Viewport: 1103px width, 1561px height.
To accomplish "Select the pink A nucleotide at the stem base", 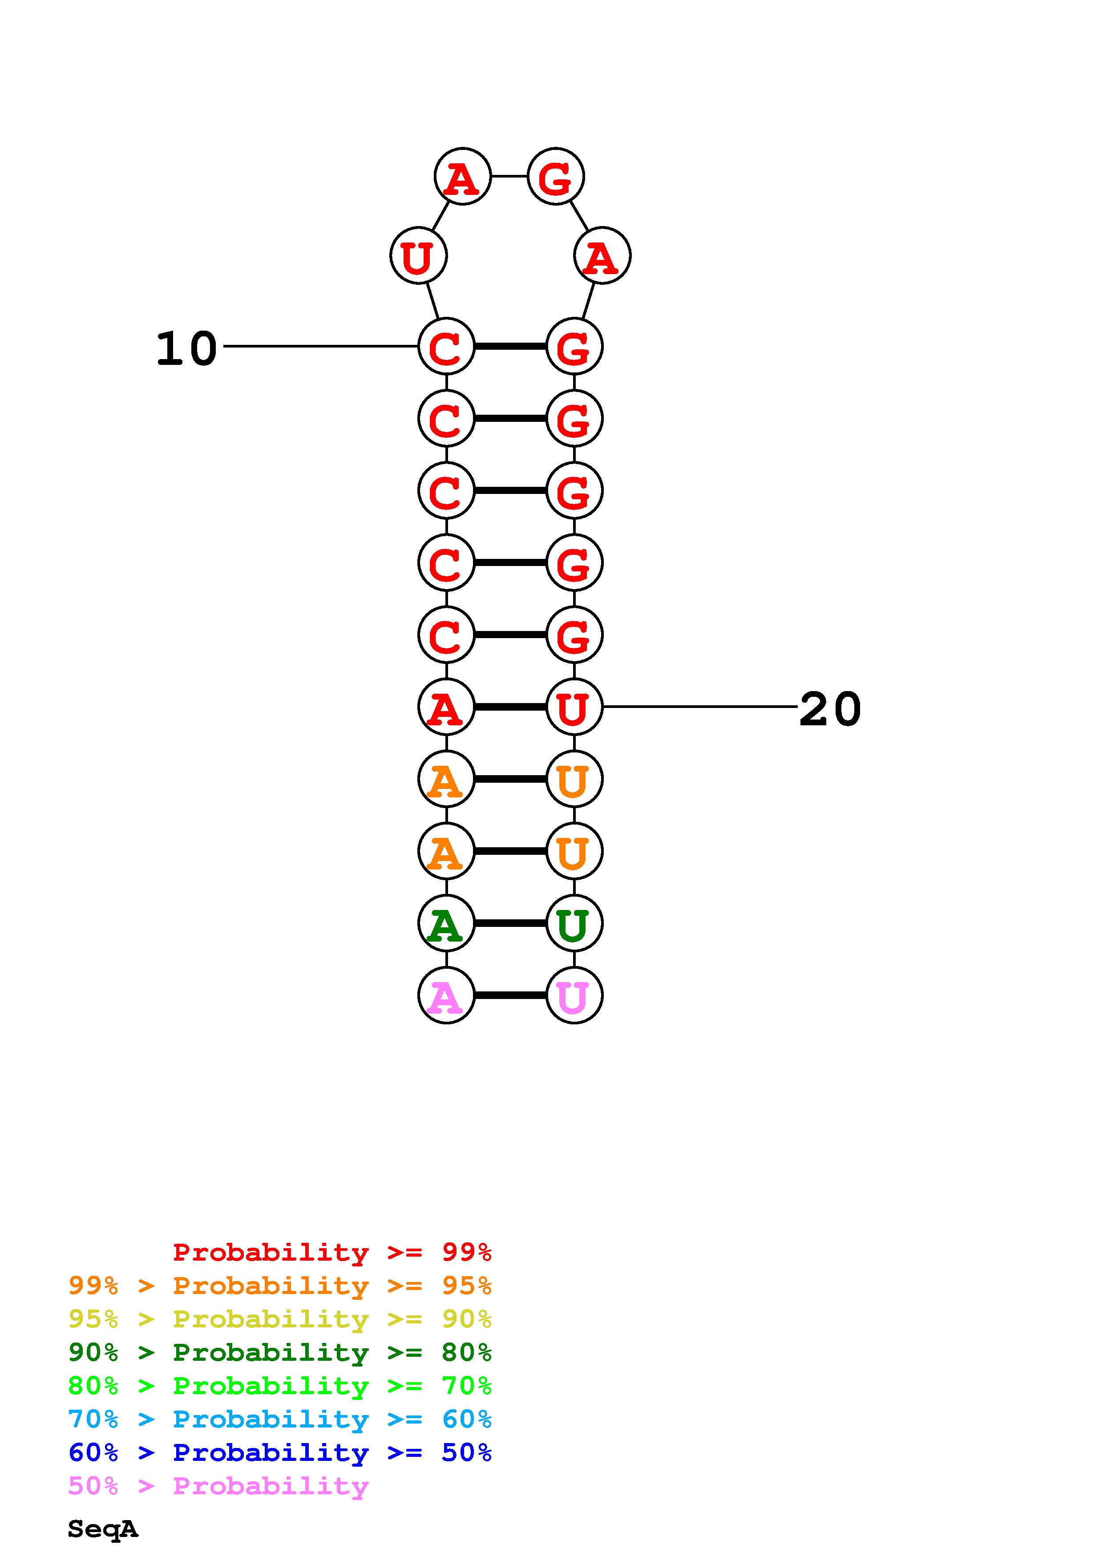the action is pos(446,995).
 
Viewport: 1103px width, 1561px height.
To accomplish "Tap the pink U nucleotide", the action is pos(574,995).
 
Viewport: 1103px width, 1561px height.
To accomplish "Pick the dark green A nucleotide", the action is pos(446,923).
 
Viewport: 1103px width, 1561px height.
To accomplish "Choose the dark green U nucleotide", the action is pos(574,923).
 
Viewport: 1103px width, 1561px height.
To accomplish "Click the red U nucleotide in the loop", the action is pos(418,255).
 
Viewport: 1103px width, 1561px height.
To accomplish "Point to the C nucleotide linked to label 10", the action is pos(446,347).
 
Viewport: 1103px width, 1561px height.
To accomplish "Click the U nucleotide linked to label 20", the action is pos(574,707).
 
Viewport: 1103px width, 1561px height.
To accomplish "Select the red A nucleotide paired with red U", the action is pos(446,707).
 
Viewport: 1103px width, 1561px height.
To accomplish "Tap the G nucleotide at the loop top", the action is pos(556,176).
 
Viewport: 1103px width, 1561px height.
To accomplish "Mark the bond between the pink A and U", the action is pos(510,995).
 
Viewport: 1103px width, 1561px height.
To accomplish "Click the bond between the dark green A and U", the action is pos(510,923).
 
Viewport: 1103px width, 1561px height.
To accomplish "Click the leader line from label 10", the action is pos(319,346).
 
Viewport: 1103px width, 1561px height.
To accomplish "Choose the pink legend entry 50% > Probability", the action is pos(218,1486).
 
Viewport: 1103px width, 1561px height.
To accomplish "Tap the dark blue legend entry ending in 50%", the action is pos(279,1453).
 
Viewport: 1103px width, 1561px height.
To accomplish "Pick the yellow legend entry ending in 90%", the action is pos(279,1319).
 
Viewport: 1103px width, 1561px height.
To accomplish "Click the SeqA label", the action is pos(103,1529).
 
